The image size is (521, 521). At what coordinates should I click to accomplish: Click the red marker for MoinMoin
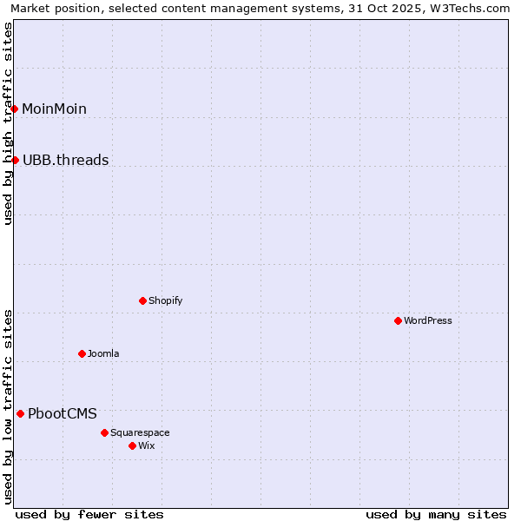[x=15, y=109]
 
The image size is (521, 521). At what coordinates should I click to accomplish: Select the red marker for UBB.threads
[x=15, y=160]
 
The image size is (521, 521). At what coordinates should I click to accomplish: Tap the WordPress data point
[x=398, y=320]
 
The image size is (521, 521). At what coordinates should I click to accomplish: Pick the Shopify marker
[x=142, y=300]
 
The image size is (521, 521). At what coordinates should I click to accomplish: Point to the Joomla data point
[x=82, y=353]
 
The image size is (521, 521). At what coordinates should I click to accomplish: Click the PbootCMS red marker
[x=20, y=413]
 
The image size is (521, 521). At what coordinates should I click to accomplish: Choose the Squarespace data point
[x=104, y=432]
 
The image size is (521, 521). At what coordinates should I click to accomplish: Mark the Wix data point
[x=132, y=445]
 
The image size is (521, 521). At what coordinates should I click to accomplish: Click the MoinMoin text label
[x=54, y=109]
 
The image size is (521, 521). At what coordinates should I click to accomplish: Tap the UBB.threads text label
[x=65, y=160]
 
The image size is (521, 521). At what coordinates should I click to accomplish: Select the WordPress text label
[x=427, y=320]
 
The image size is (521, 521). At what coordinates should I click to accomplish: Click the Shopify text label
[x=165, y=300]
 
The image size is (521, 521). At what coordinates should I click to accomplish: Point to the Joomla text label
[x=103, y=353]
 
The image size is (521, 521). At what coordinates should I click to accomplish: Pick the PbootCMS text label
[x=63, y=413]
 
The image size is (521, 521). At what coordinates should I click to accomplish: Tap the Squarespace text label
[x=140, y=432]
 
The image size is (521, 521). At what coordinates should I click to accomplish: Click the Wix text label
[x=146, y=445]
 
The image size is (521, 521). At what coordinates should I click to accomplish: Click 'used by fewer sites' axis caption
[x=89, y=514]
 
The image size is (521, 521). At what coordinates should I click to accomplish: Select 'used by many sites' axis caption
[x=436, y=514]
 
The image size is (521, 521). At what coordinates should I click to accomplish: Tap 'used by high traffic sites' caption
[x=8, y=123]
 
